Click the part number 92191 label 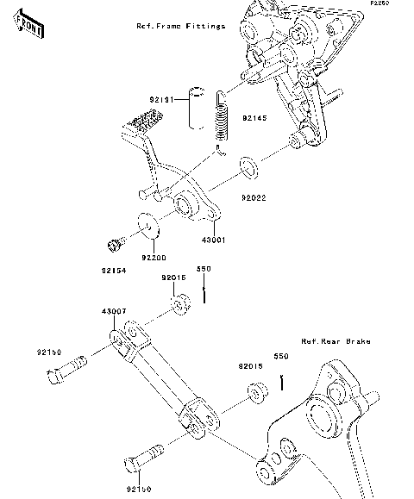coord(164,101)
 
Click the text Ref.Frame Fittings coord(181,27)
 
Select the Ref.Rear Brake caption coord(336,342)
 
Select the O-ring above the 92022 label coord(248,164)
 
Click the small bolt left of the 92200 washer coord(111,244)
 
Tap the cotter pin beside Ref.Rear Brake coord(280,380)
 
